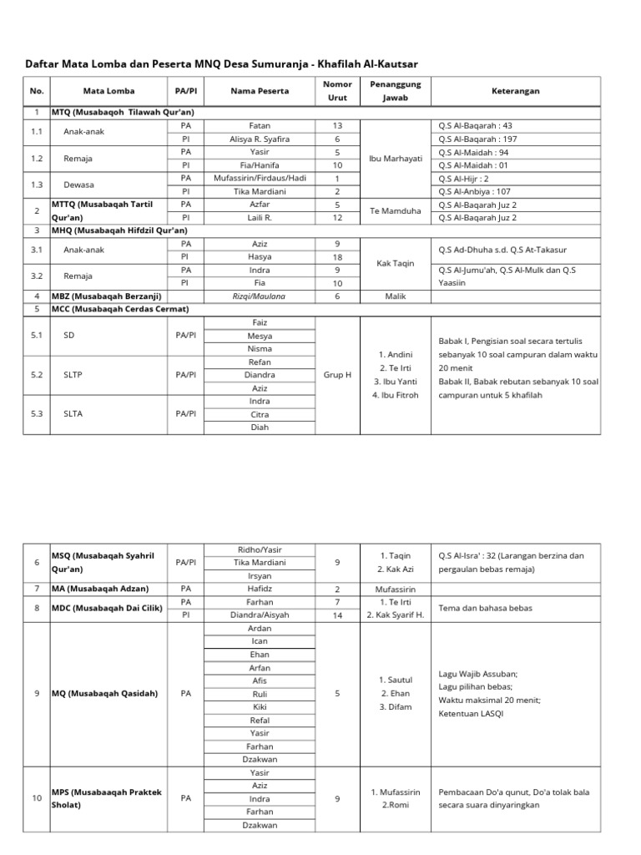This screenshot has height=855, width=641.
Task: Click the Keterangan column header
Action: click(x=515, y=91)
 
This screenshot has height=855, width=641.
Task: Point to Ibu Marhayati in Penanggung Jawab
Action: click(x=396, y=158)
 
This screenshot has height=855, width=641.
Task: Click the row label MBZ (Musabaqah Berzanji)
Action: click(x=106, y=296)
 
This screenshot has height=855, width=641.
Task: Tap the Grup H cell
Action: click(x=337, y=375)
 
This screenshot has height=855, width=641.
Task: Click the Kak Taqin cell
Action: click(x=396, y=262)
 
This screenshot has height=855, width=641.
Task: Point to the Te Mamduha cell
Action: click(x=396, y=211)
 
